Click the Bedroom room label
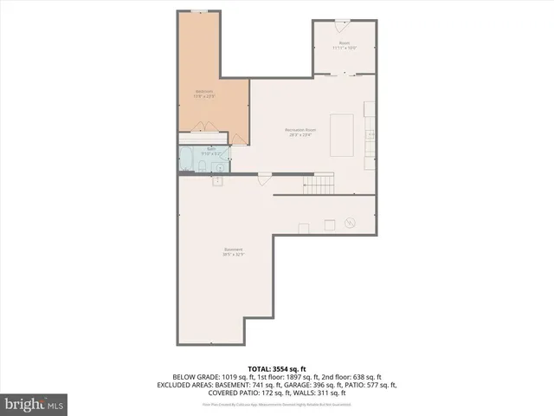point(204,93)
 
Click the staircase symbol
point(323,184)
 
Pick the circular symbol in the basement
point(351,222)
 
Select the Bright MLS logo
point(35,404)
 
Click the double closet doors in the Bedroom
point(206,127)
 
